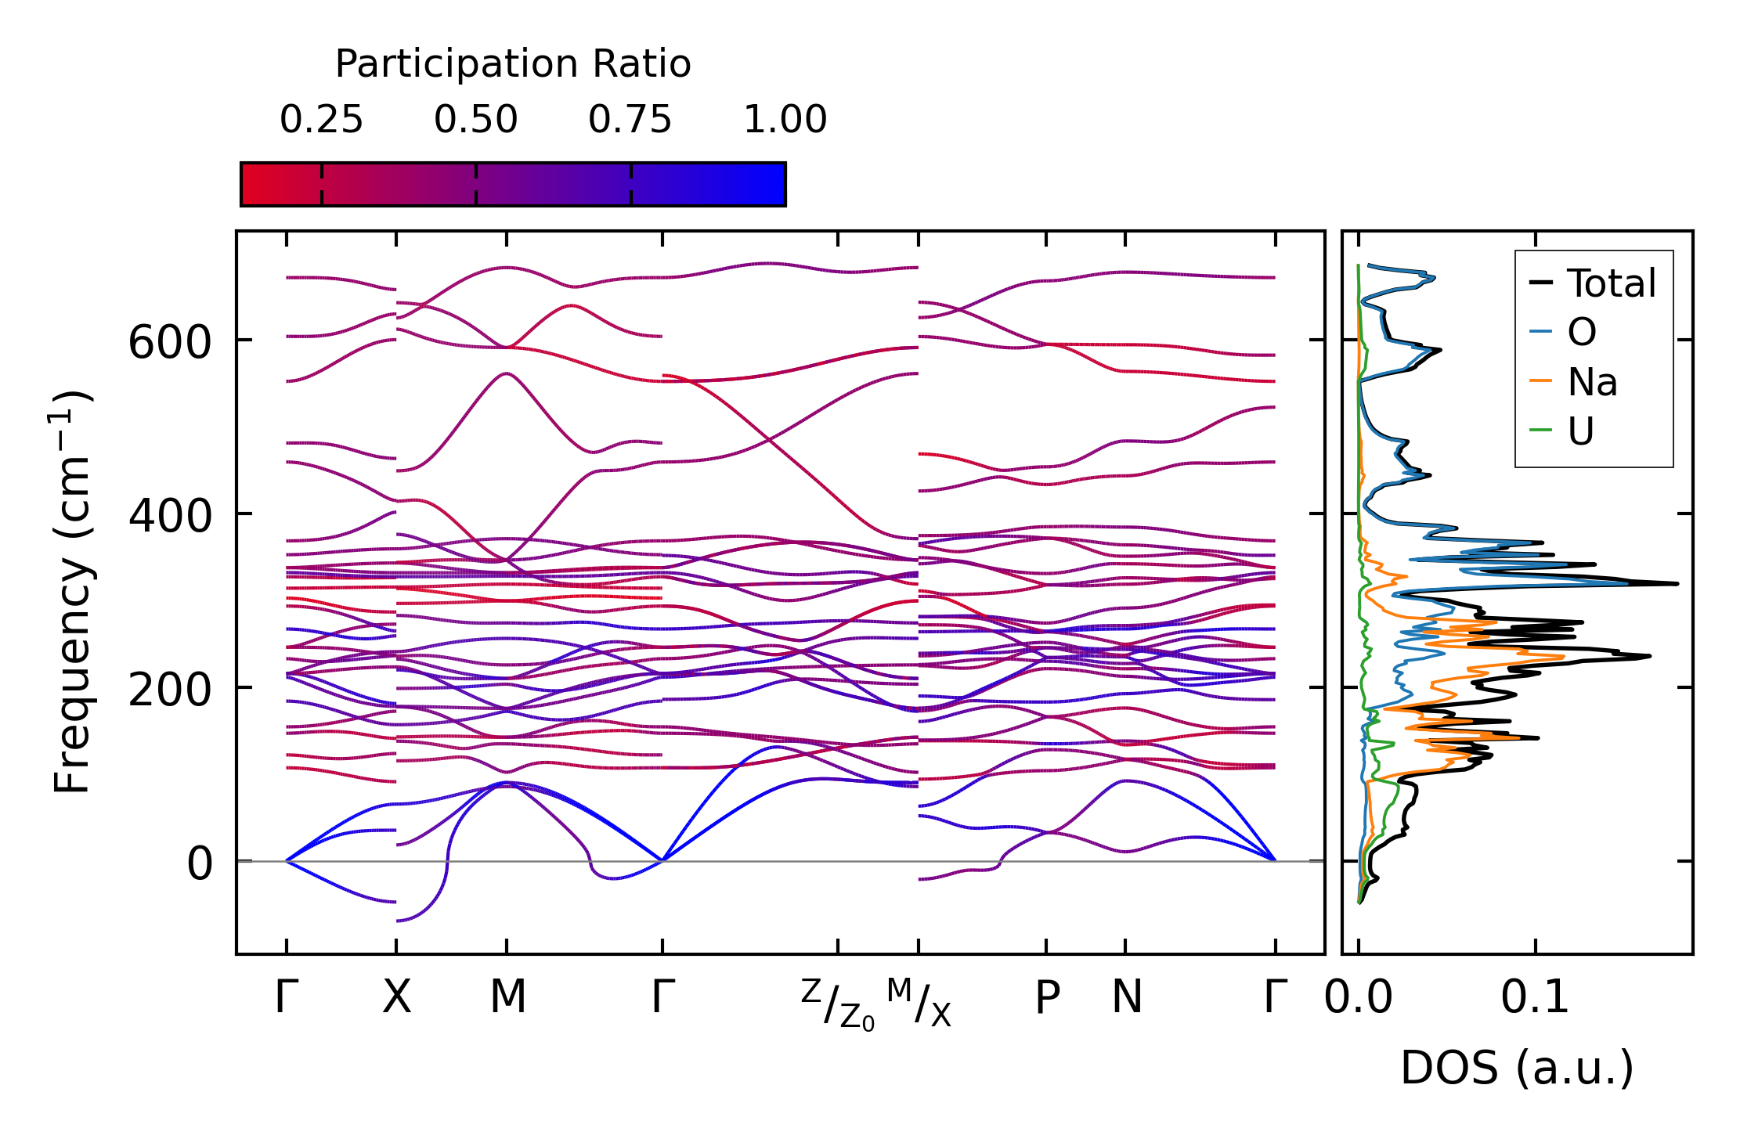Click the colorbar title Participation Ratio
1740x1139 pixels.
(x=513, y=64)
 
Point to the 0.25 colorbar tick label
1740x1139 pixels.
(x=321, y=120)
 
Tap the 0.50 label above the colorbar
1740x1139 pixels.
(x=475, y=120)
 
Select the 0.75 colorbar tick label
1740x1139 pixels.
(x=630, y=120)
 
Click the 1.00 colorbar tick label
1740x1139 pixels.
(x=785, y=120)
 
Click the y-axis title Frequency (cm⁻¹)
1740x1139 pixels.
(x=73, y=592)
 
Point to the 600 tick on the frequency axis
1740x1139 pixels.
(x=170, y=343)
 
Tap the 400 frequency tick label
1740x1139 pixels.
(x=170, y=517)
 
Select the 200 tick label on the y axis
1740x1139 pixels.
(x=170, y=690)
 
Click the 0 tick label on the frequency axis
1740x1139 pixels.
(x=200, y=864)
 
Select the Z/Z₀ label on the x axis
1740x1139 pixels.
(x=837, y=1004)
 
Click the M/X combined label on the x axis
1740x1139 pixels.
(x=919, y=1003)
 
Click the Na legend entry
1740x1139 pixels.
(x=1592, y=382)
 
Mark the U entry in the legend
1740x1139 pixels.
(x=1581, y=431)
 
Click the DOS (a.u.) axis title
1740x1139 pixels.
(x=1517, y=1069)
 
